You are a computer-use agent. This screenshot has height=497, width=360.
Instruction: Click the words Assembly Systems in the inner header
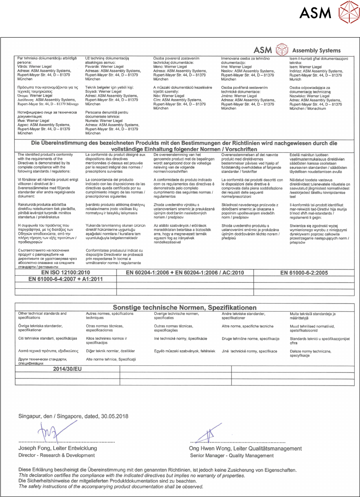coord(316,51)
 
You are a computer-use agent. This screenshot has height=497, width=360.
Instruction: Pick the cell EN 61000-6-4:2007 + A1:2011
coord(65,279)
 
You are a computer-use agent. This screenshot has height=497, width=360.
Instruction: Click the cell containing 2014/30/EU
coord(67,369)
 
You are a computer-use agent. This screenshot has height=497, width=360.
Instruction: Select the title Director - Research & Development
coord(57,455)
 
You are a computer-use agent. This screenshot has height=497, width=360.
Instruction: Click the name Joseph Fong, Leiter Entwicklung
coord(58,448)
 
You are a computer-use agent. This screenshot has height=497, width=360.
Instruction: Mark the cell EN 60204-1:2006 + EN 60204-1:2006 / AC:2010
coord(185,273)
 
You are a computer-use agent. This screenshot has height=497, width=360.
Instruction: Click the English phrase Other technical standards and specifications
coord(42,315)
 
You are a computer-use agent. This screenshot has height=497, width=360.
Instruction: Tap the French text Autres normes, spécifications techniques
coord(110,315)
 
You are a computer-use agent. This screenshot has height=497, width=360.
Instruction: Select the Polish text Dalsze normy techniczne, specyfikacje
coord(310,353)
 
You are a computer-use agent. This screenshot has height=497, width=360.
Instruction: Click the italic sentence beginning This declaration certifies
coord(132,476)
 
